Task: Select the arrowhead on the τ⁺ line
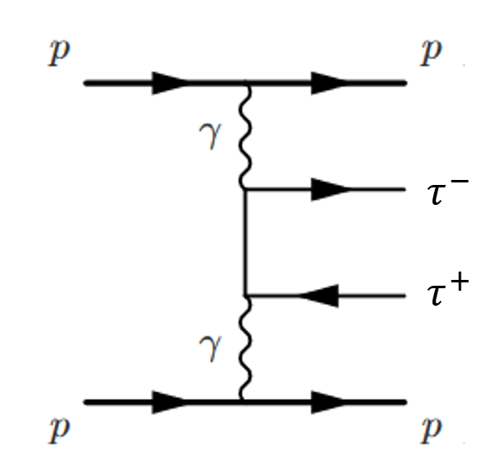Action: (320, 295)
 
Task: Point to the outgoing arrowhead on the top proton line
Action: (330, 83)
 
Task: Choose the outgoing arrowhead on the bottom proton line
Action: (330, 402)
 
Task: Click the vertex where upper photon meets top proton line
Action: (245, 83)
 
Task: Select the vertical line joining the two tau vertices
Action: (245, 242)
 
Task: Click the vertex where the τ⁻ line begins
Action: (245, 190)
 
